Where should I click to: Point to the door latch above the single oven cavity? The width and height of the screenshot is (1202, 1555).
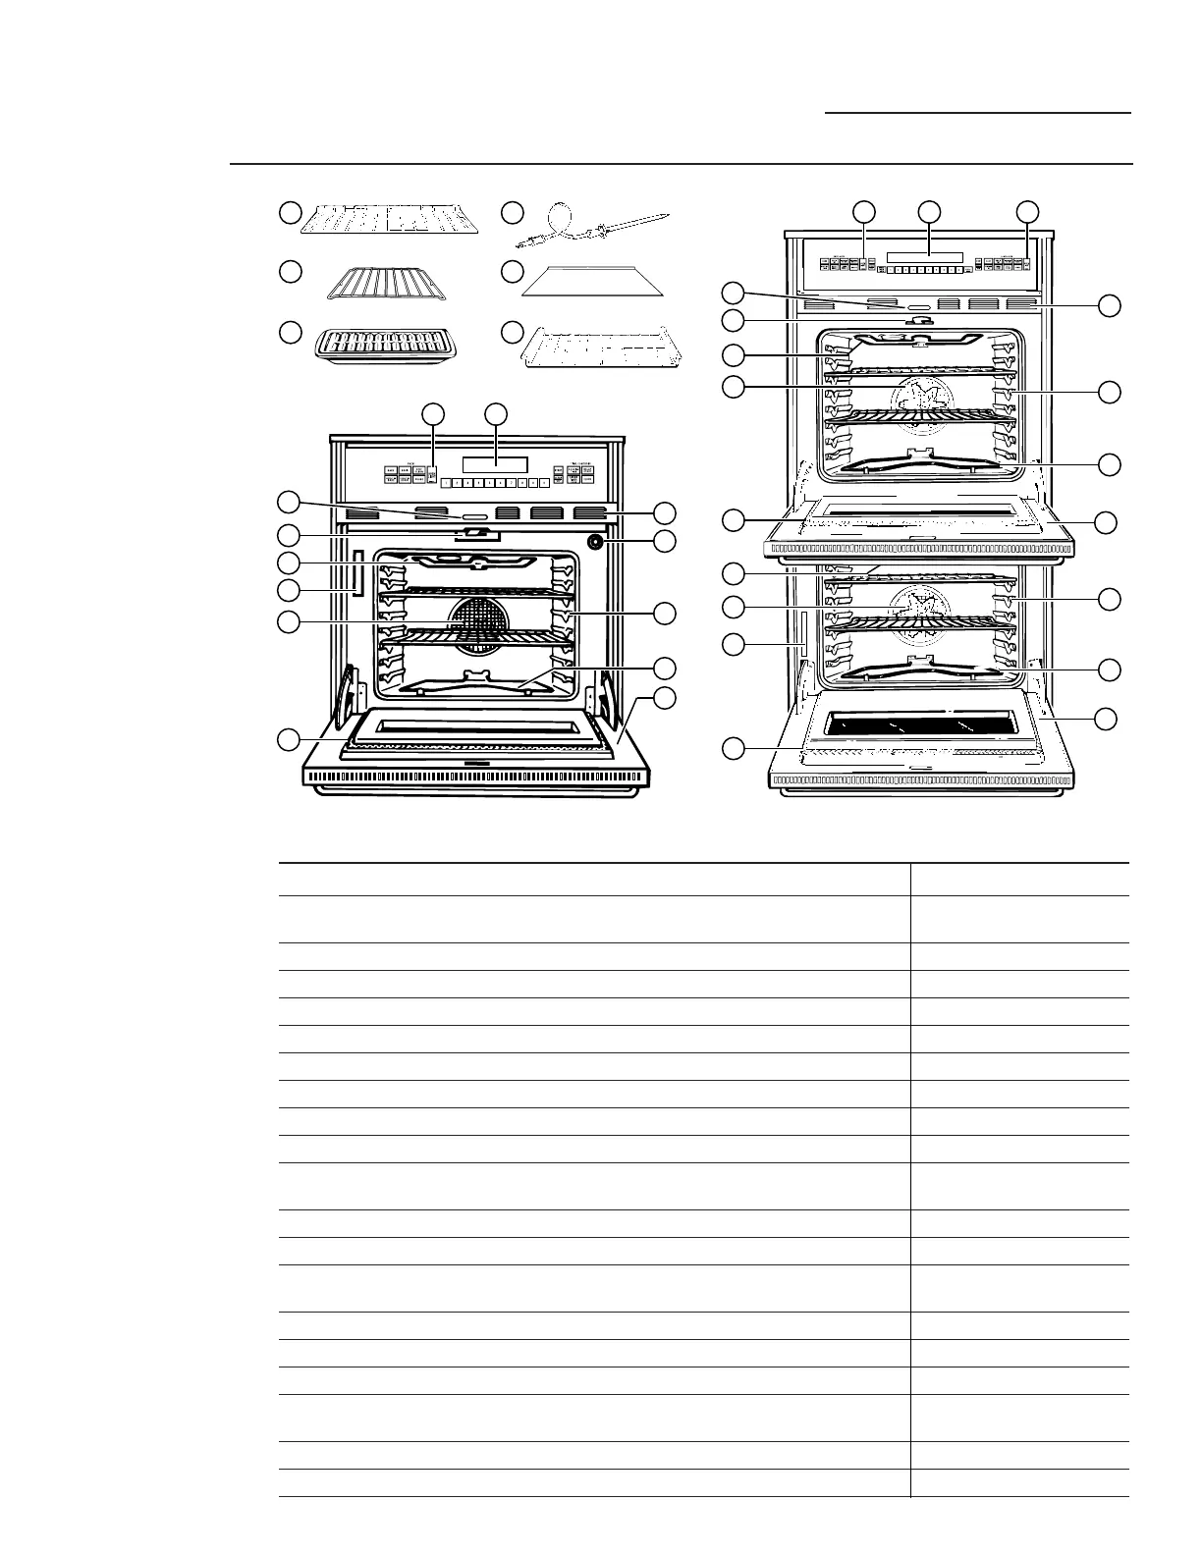476,534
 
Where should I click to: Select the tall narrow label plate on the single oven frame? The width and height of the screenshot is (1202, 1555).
357,573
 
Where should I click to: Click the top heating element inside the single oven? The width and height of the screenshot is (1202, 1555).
476,563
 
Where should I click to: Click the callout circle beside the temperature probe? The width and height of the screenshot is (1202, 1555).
511,213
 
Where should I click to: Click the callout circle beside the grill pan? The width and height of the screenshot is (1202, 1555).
289,332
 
